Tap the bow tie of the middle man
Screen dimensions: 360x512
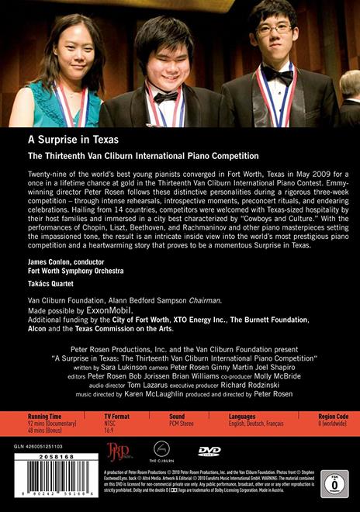click(x=165, y=96)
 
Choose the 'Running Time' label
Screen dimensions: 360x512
click(x=45, y=417)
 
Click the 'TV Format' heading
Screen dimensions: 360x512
click(x=119, y=417)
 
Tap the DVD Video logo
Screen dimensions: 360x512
click(x=208, y=450)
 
